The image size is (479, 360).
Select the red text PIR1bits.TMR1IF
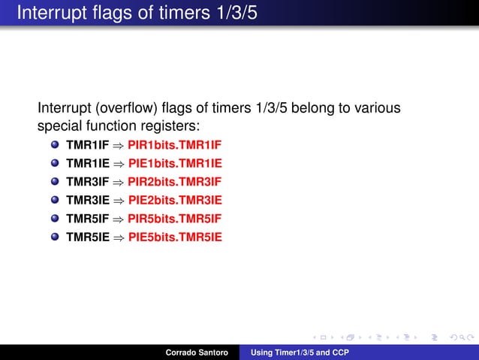(x=176, y=144)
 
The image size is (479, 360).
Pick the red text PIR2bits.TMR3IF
(x=176, y=182)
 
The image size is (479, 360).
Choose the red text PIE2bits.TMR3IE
(x=176, y=201)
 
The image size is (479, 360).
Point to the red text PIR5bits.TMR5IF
(x=176, y=219)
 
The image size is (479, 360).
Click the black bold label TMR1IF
(x=87, y=144)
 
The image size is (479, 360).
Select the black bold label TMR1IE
(x=87, y=163)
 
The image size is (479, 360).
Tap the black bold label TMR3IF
(x=87, y=182)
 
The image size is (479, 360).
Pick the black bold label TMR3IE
(x=87, y=201)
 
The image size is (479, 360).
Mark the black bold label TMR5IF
(x=87, y=219)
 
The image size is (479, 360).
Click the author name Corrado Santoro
(x=197, y=352)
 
